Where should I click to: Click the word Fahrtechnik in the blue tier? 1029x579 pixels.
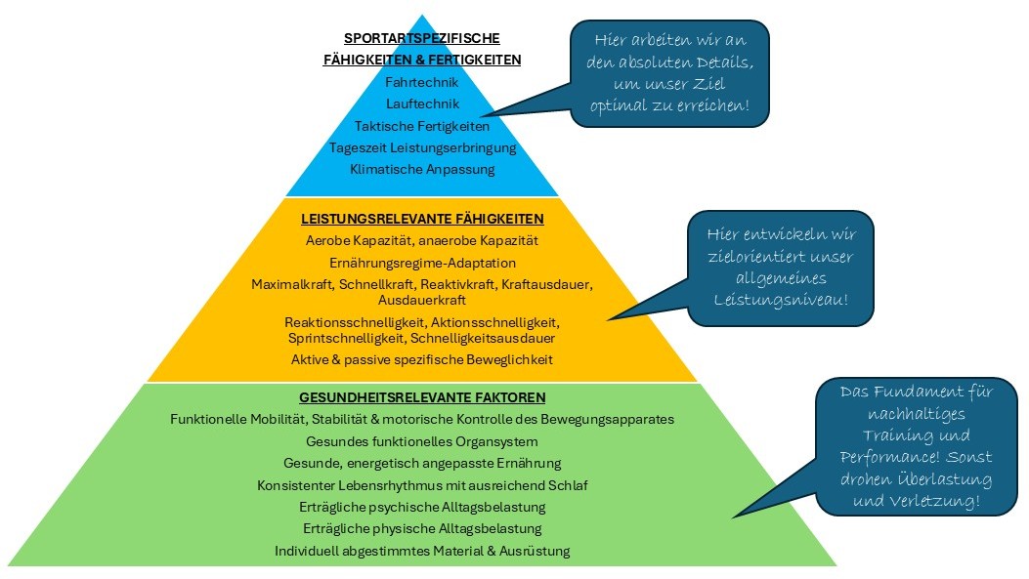[x=421, y=82]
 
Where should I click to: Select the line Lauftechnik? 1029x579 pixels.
[x=421, y=103]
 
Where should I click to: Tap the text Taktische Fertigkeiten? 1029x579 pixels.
[x=421, y=126]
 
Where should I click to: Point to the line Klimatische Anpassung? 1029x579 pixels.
[x=421, y=169]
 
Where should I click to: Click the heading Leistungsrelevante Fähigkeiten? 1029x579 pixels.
[x=421, y=219]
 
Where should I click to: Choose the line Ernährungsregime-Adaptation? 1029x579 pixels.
[x=421, y=263]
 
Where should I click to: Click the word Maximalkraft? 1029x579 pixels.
[x=292, y=284]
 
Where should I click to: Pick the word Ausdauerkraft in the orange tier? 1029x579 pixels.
[x=421, y=300]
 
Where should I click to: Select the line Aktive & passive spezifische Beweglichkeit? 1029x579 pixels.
[x=421, y=359]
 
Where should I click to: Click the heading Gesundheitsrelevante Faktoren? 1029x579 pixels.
[x=421, y=397]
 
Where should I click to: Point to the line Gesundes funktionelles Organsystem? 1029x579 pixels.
[x=421, y=441]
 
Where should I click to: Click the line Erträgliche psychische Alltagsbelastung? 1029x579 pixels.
[x=421, y=507]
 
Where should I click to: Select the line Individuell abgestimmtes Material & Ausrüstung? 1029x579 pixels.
[x=421, y=551]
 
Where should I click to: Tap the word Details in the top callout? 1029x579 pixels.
[x=718, y=62]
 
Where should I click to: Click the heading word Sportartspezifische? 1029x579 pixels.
[x=421, y=38]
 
